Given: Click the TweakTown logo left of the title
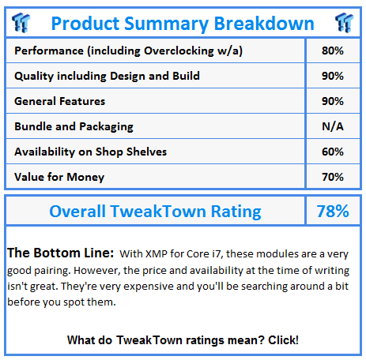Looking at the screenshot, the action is [x=21, y=23].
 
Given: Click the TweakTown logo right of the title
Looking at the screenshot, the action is [x=344, y=23].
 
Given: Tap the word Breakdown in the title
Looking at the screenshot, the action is [x=264, y=24].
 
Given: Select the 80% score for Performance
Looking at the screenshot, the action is [x=333, y=51].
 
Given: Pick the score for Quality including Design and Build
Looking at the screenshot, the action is [x=333, y=76].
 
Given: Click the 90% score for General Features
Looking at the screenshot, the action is [x=333, y=101].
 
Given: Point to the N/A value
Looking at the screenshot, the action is [x=333, y=126].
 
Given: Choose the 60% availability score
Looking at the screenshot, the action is [x=333, y=152].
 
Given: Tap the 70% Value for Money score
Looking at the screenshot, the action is [x=333, y=177].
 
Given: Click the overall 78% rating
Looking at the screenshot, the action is [x=333, y=211].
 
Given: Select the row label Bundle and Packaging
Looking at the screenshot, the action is [x=74, y=126].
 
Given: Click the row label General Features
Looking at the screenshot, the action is [x=60, y=101].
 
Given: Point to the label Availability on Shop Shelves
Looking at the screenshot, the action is [x=91, y=152].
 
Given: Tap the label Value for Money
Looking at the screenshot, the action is [x=59, y=177].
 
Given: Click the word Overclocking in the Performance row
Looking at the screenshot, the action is [x=179, y=51].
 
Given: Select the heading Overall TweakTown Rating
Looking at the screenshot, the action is [x=155, y=212].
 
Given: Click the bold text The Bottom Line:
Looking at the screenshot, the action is [x=60, y=253].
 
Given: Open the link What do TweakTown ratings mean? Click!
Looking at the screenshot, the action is [x=183, y=340].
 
